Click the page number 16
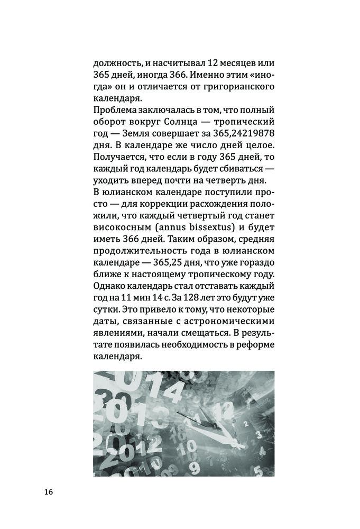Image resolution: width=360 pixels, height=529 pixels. click(x=48, y=492)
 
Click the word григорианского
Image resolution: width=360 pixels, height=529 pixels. click(x=235, y=86)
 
